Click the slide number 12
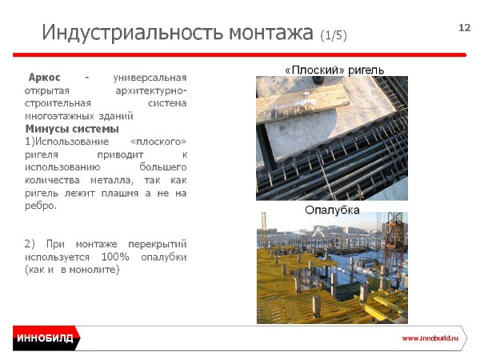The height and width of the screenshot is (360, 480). tap(464, 28)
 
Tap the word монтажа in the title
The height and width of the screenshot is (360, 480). tap(271, 33)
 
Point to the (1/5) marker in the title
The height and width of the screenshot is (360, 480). tap(334, 35)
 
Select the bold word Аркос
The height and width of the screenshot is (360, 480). tap(44, 77)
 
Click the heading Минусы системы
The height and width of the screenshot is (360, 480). tap(72, 129)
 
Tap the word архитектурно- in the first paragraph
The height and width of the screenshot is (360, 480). tap(151, 90)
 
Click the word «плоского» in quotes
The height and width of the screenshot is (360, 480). tap(158, 142)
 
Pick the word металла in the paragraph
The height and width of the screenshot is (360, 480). tap(112, 180)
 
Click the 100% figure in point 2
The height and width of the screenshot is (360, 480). tap(115, 257)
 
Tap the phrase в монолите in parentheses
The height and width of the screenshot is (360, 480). tap(89, 270)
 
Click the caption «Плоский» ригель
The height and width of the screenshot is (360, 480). tap(334, 70)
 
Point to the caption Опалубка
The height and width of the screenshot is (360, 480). tap(332, 210)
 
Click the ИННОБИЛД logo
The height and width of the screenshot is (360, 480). tap(46, 338)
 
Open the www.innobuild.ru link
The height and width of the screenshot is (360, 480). tap(430, 338)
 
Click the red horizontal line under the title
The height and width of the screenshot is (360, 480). tap(240, 54)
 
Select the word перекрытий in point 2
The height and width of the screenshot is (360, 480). tap(158, 244)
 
